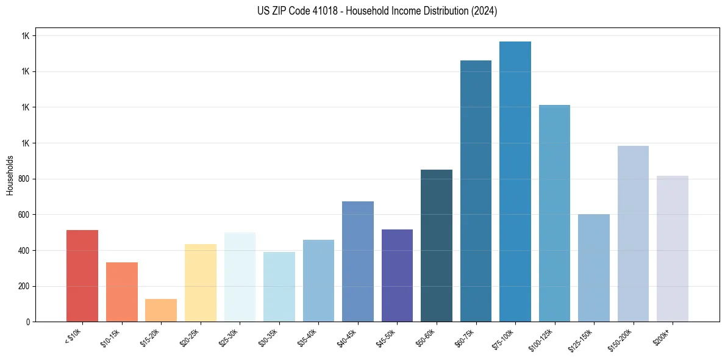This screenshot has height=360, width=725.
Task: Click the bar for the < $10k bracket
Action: (82, 276)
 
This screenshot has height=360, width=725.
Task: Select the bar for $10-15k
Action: (121, 292)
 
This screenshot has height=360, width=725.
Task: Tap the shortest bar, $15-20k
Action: (161, 310)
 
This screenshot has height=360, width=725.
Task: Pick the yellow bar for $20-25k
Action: (200, 283)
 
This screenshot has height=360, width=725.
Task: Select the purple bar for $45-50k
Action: (397, 275)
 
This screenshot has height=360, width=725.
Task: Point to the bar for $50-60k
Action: (436, 245)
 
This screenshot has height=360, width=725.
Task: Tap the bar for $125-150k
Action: (593, 268)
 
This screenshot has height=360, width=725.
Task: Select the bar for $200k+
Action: (672, 248)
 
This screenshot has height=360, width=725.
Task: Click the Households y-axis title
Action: (10, 175)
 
